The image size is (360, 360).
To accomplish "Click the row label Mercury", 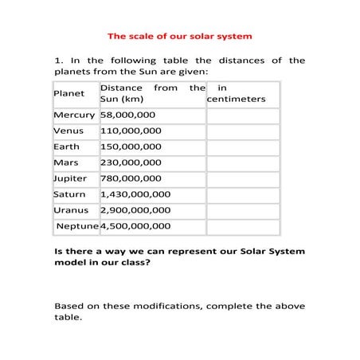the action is (74, 115).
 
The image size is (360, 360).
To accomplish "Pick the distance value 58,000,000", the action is (131, 115).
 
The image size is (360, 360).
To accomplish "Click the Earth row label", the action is (67, 147).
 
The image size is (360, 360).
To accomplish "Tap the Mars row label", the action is (66, 163).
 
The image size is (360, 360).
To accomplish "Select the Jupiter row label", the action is (70, 179).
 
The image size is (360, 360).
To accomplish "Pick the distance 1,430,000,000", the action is (135, 194).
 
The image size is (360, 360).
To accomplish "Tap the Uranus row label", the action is (71, 210).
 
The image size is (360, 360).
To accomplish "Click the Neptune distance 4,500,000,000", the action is (135, 227).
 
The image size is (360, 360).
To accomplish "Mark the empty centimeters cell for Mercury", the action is (242, 115).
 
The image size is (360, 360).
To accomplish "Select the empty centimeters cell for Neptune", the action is (242, 227).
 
